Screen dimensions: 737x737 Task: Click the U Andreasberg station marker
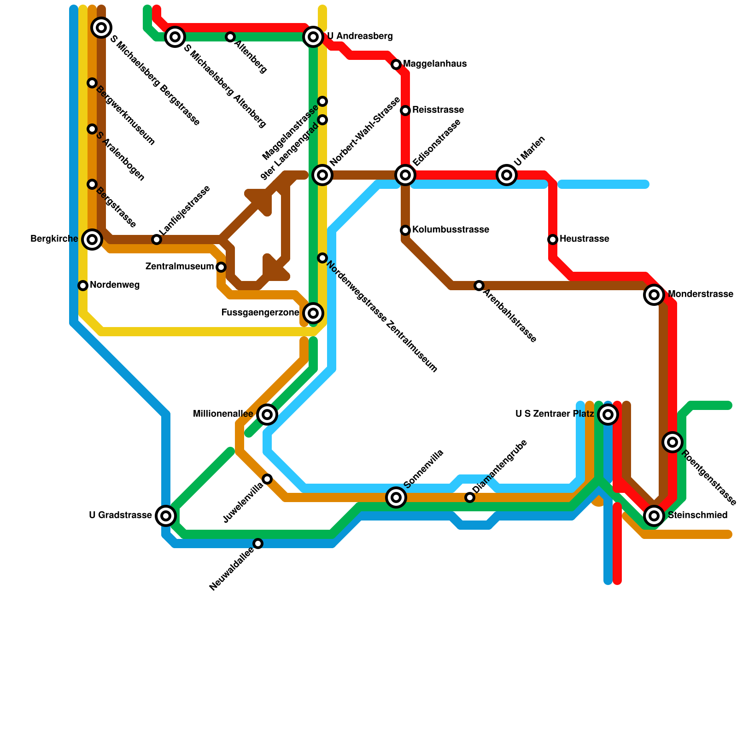[313, 36]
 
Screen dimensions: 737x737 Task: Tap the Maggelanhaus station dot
[396, 64]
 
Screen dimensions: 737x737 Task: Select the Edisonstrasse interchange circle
[405, 175]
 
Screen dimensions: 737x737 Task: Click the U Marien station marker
[507, 175]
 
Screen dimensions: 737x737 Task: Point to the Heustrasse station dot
[553, 240]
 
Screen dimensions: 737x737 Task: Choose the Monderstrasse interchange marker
[654, 295]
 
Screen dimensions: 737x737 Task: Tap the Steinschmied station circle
[654, 516]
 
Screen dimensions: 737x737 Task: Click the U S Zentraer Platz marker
[608, 415]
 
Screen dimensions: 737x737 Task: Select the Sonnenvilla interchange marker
[396, 497]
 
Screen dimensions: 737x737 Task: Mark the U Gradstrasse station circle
[166, 516]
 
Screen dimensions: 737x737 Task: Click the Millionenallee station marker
[267, 415]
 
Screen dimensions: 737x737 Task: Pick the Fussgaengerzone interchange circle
[313, 313]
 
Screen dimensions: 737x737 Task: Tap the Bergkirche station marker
[92, 240]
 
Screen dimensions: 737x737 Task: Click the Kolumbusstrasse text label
[450, 230]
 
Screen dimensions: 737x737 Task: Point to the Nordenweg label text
[115, 286]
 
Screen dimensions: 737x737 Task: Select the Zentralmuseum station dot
[221, 267]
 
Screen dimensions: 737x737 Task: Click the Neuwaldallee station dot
[258, 544]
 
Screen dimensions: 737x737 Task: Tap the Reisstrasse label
[438, 110]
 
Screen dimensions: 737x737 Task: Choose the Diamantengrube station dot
[470, 497]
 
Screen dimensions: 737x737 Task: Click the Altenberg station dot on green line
[230, 37]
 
